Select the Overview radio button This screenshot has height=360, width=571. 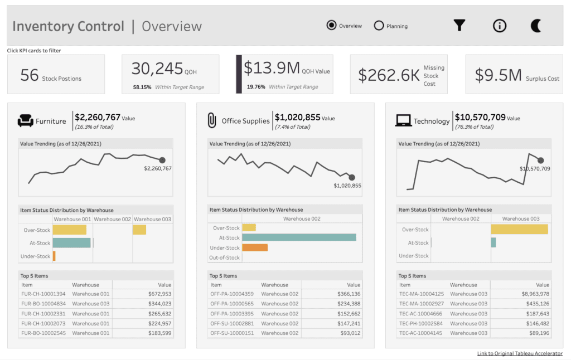pyautogui.click(x=332, y=26)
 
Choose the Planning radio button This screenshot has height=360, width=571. pyautogui.click(x=379, y=26)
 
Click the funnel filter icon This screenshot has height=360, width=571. pyautogui.click(x=459, y=26)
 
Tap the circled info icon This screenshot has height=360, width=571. pyautogui.click(x=500, y=26)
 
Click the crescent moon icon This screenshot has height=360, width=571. pyautogui.click(x=536, y=26)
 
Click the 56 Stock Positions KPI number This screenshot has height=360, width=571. pyautogui.click(x=29, y=75)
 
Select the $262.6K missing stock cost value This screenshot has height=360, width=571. pyautogui.click(x=389, y=75)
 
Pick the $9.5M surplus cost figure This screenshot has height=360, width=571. pyautogui.click(x=498, y=75)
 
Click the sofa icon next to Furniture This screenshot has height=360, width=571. pyautogui.click(x=26, y=120)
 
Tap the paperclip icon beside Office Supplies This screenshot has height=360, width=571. pyautogui.click(x=212, y=120)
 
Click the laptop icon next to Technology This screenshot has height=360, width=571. pyautogui.click(x=403, y=120)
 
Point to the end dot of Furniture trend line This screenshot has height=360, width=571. pyautogui.click(x=162, y=160)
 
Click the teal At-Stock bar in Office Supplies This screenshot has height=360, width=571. pyautogui.click(x=299, y=237)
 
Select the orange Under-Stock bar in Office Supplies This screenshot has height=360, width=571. pyautogui.click(x=255, y=247)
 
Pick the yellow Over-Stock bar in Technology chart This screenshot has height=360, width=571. pyautogui.click(x=519, y=229)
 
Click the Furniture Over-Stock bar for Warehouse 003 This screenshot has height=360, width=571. pyautogui.click(x=139, y=230)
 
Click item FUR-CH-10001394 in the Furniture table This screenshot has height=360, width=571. pyautogui.click(x=43, y=294)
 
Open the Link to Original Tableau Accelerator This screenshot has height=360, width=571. pyautogui.click(x=520, y=353)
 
